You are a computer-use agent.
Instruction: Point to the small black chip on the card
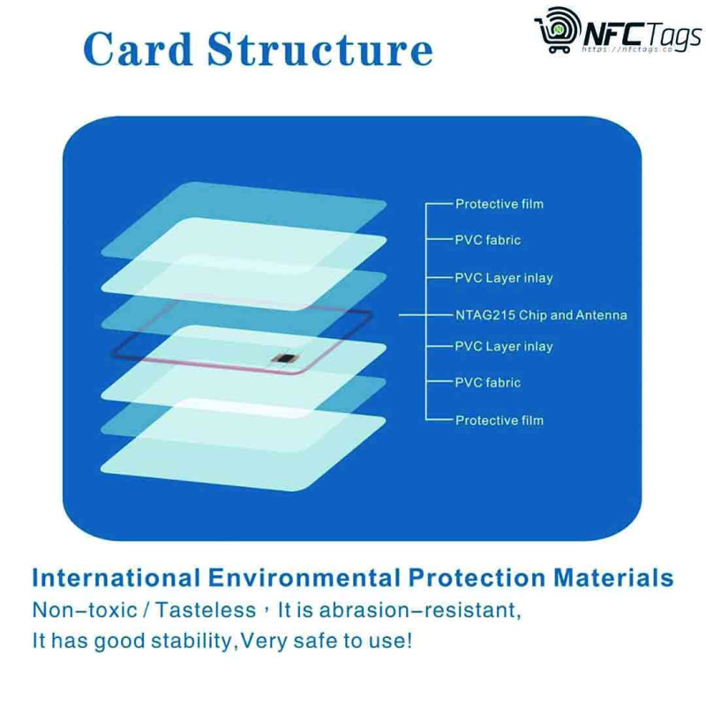click(x=283, y=356)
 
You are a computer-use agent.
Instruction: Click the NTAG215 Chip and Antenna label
click(x=541, y=314)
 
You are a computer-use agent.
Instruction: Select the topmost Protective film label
click(x=499, y=204)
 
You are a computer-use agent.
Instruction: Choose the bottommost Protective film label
click(x=499, y=420)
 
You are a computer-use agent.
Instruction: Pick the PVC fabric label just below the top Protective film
click(x=488, y=240)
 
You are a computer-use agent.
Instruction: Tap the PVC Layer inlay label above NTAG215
click(x=503, y=278)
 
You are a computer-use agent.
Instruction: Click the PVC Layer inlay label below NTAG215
click(x=503, y=346)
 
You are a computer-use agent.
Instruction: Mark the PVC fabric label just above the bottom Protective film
click(x=488, y=382)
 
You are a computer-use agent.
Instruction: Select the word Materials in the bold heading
click(x=613, y=578)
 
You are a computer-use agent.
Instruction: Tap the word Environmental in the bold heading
click(x=304, y=578)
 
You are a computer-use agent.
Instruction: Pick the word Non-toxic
click(x=74, y=610)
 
